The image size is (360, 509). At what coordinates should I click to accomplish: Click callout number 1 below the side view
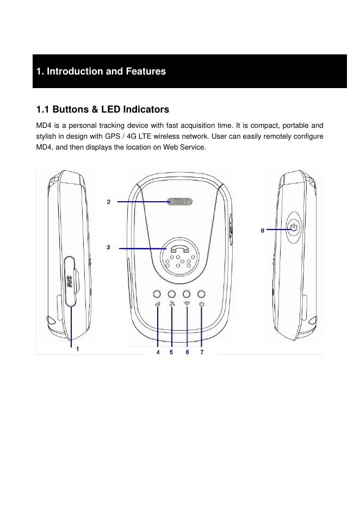pos(78,349)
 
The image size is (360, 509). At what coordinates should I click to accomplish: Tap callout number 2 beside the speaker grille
pos(109,202)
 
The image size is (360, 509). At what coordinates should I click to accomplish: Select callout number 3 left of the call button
pos(109,247)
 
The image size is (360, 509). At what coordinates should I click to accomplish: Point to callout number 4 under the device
pos(158,352)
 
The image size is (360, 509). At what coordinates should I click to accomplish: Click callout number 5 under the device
pos(171,352)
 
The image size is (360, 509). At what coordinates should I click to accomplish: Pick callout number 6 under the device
pos(187,352)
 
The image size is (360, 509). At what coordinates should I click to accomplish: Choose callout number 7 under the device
pos(201,352)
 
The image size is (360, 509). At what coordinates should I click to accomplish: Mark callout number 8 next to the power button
pos(263,231)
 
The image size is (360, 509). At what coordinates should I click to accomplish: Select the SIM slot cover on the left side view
pos(70,282)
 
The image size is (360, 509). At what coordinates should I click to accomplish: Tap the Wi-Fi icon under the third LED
pos(187,304)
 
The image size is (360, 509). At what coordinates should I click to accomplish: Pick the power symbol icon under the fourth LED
pos(201,304)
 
